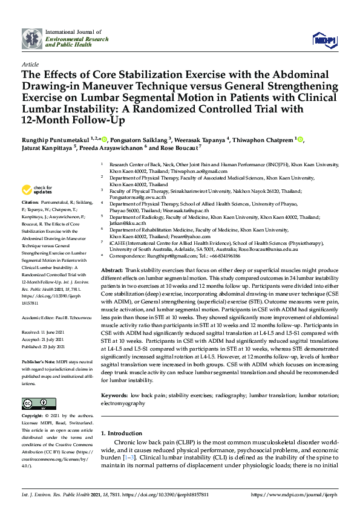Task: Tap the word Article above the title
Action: pyautogui.click(x=30, y=63)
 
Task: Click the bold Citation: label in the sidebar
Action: pyautogui.click(x=31, y=201)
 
